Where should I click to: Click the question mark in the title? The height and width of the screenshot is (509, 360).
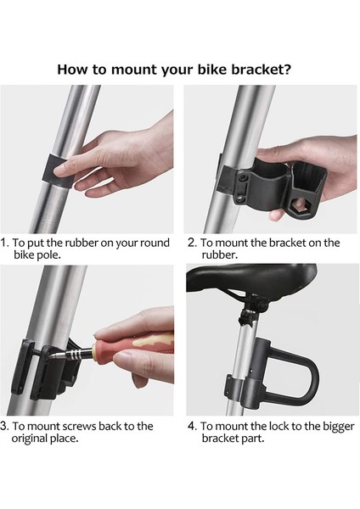pos(286,70)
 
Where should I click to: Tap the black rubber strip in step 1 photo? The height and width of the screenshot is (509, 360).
pos(59,171)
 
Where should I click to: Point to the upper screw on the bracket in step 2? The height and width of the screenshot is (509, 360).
pos(243,178)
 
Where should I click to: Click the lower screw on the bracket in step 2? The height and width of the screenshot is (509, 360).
pos(240,198)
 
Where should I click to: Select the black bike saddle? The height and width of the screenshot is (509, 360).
pos(251,280)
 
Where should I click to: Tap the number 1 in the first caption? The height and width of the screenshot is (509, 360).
pos(4,243)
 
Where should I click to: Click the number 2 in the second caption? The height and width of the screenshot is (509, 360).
pos(191,243)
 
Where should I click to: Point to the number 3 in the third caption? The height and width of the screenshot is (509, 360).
pos(4,426)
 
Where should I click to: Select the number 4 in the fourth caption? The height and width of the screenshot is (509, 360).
pos(191,426)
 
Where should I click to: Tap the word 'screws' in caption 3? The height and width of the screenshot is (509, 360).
pos(79,426)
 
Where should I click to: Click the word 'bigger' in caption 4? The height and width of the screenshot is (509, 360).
pos(338,427)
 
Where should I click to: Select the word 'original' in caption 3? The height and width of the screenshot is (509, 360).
pos(29,439)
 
